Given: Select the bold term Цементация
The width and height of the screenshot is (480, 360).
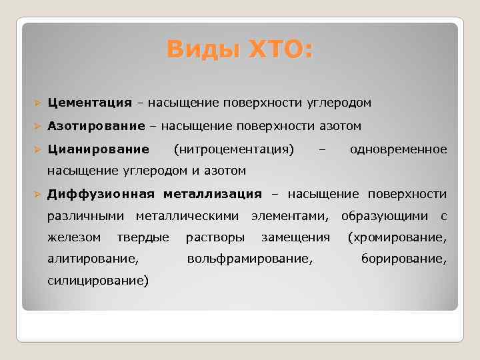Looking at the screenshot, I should click(89, 103).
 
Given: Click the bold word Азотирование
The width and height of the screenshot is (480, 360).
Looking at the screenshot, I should click(96, 126).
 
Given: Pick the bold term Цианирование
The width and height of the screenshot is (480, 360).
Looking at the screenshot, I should click(98, 148).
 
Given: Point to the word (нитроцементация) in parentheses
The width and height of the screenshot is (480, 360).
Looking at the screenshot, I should click(233, 148).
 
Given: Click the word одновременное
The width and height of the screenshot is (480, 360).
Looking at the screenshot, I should click(398, 148).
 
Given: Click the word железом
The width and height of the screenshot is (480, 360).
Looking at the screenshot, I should click(74, 237).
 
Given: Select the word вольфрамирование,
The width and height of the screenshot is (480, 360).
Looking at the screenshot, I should click(250, 258).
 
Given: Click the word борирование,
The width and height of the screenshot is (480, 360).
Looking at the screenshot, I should click(403, 258).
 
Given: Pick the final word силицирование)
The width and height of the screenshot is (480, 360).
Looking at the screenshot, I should click(98, 280).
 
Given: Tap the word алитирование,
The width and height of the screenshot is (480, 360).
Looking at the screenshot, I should click(93, 258).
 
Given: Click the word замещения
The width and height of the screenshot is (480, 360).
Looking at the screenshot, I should click(295, 237).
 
